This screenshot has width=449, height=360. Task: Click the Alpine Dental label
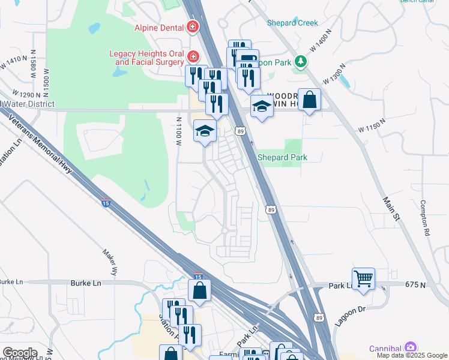pyautogui.click(x=160, y=27)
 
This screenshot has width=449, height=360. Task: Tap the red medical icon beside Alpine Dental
pyautogui.click(x=193, y=27)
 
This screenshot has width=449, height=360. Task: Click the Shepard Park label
pyautogui.click(x=282, y=157)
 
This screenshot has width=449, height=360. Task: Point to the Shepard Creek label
pyautogui.click(x=292, y=23)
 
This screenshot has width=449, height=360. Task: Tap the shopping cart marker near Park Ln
pyautogui.click(x=363, y=278)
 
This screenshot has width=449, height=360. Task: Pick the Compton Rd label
pyautogui.click(x=426, y=218)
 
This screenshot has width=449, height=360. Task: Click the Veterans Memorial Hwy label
pyautogui.click(x=41, y=145)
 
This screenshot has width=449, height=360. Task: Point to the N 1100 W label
pyautogui.click(x=178, y=131)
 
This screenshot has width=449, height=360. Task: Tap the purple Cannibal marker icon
pyautogui.click(x=410, y=346)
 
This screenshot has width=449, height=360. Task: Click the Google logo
pyautogui.click(x=20, y=352)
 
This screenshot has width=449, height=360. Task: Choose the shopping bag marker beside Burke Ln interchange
pyautogui.click(x=199, y=291)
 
